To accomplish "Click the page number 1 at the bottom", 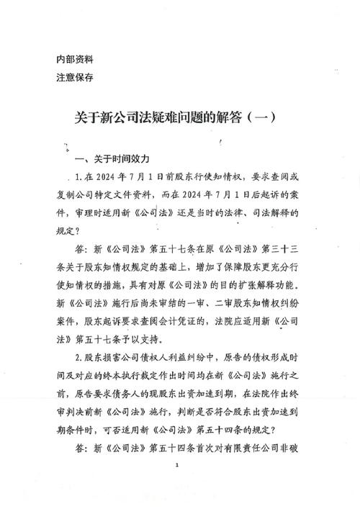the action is point(176,487).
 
